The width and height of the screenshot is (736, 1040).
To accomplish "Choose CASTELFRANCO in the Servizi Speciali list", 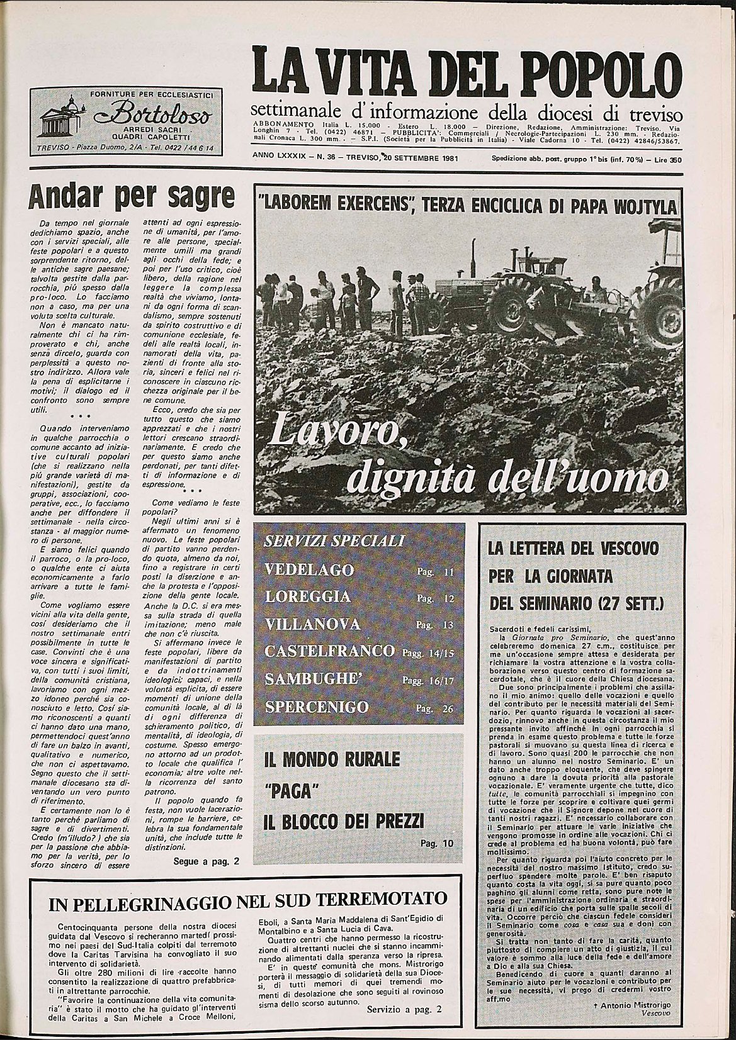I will [x=330, y=652].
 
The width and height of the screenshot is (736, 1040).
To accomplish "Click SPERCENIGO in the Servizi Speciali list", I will [x=317, y=707].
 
